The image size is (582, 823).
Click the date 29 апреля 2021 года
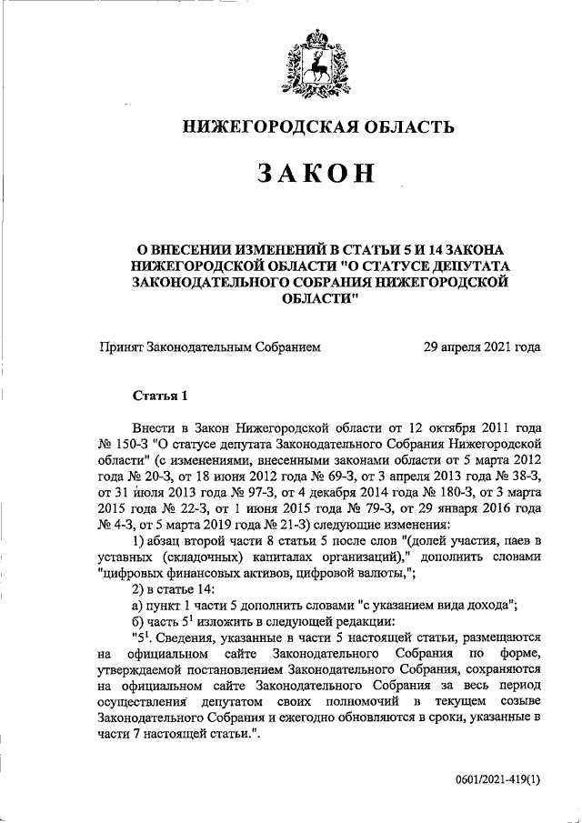pyautogui.click(x=483, y=346)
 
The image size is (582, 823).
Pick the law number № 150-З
pyautogui.click(x=123, y=443)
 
